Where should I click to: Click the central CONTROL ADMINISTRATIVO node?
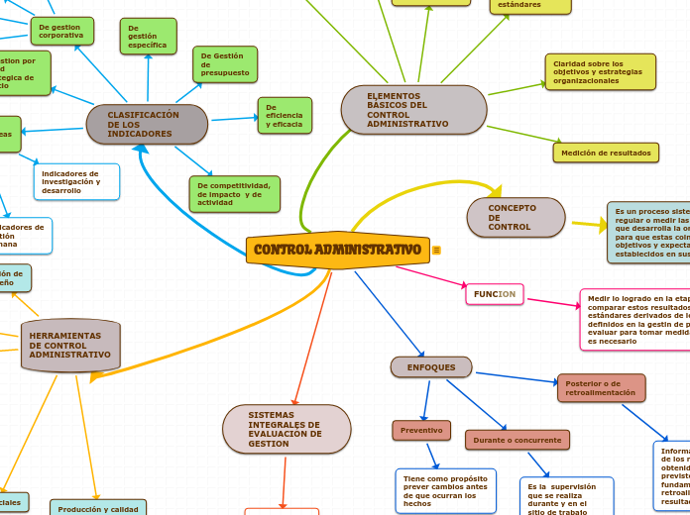coord(337,250)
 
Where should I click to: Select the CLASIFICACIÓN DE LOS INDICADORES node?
coord(147,125)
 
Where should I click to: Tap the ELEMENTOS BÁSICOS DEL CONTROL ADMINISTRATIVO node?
coord(413,110)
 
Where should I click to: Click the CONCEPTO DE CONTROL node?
coord(516,218)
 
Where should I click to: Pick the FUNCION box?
coord(495,294)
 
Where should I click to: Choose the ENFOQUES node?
coord(431,367)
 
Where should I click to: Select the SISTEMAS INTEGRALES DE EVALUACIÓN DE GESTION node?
coord(287,429)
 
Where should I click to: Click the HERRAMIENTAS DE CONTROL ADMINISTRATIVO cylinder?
coord(70,346)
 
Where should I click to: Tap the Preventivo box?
coord(421,431)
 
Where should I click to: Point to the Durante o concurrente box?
coord(517,440)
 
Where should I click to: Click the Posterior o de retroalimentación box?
coord(601,388)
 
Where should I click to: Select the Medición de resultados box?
coord(606,153)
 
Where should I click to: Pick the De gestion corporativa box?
coord(61,32)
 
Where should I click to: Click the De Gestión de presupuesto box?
coord(225,64)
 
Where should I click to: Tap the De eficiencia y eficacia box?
coord(285,115)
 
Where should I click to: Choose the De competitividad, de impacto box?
coord(234,194)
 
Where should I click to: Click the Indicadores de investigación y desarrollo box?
coord(76,181)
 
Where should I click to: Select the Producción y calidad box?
coord(98,508)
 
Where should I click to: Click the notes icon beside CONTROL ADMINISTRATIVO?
coord(436,251)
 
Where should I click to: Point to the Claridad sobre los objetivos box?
coord(600,72)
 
